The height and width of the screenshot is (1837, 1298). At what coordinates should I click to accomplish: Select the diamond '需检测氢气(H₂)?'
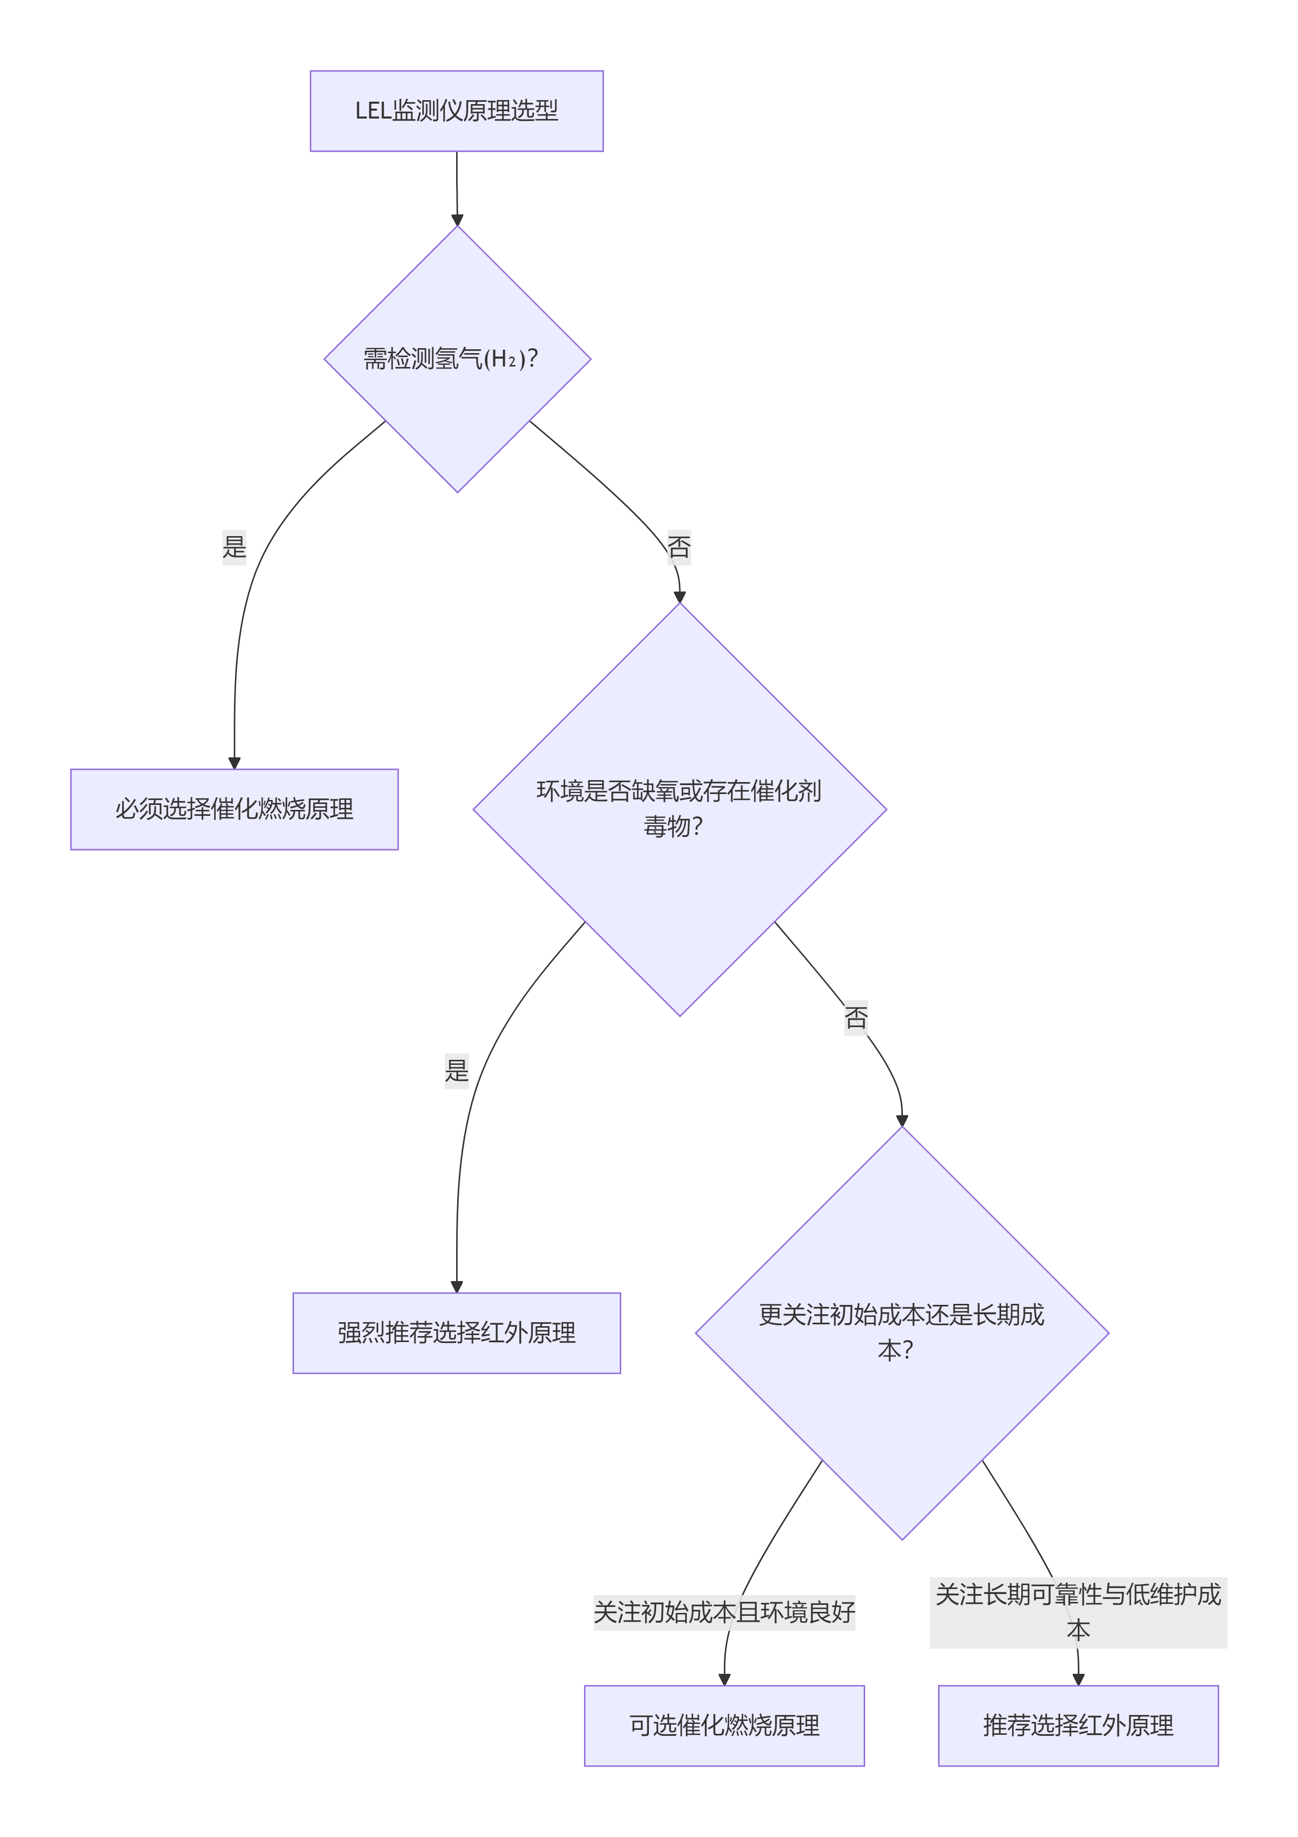tap(457, 359)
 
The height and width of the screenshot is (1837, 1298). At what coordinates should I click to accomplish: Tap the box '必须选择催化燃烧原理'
tap(235, 809)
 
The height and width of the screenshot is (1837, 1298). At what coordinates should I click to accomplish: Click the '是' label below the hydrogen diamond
tap(235, 547)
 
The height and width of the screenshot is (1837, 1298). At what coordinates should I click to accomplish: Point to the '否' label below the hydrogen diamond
tap(679, 547)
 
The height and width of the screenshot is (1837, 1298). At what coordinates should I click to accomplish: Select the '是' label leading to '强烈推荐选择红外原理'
tap(457, 1071)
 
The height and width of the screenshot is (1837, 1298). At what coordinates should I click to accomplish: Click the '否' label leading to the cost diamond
tap(856, 1018)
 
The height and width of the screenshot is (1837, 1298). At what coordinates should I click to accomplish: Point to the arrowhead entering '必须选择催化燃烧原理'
tap(235, 763)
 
